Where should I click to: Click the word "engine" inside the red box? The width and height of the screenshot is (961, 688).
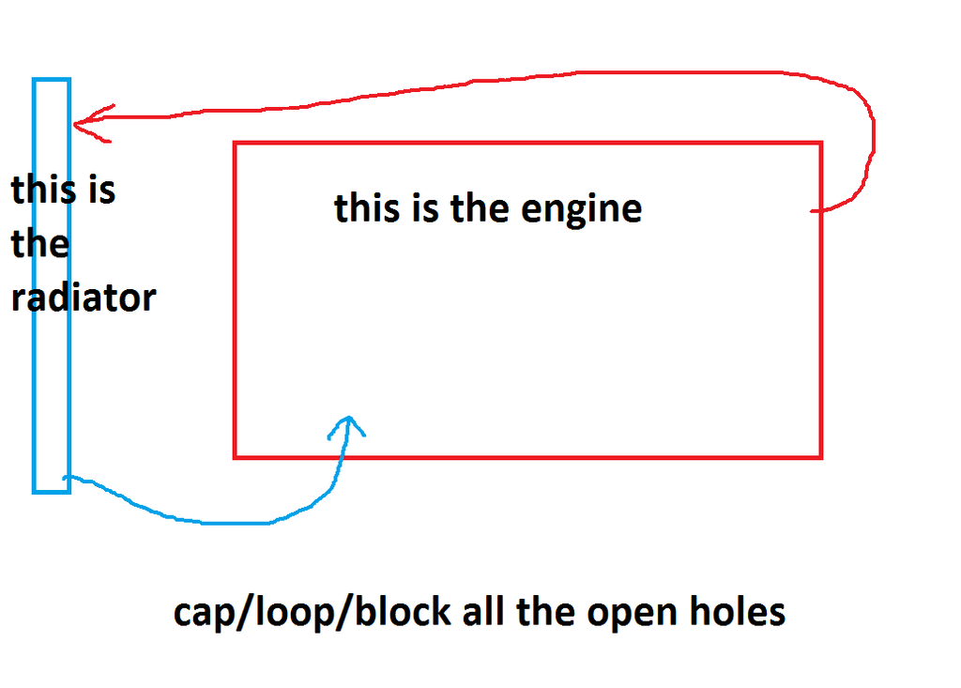[x=581, y=208]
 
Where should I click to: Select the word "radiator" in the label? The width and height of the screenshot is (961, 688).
[x=83, y=298]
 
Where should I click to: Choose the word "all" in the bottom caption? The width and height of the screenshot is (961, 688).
[x=483, y=612]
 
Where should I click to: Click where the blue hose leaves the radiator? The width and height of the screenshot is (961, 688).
[x=68, y=479]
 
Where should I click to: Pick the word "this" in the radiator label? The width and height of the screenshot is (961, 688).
[x=43, y=190]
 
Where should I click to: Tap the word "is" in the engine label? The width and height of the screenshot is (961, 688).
[x=425, y=207]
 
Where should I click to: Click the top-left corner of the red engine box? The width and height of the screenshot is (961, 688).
[x=235, y=144]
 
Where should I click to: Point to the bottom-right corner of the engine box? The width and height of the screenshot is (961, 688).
[x=821, y=457]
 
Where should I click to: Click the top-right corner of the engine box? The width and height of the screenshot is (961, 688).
[x=821, y=144]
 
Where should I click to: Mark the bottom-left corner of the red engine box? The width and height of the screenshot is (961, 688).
[x=235, y=457]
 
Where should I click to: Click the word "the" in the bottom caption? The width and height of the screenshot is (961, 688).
[x=544, y=612]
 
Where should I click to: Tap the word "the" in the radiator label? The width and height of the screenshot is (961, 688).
[x=40, y=244]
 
